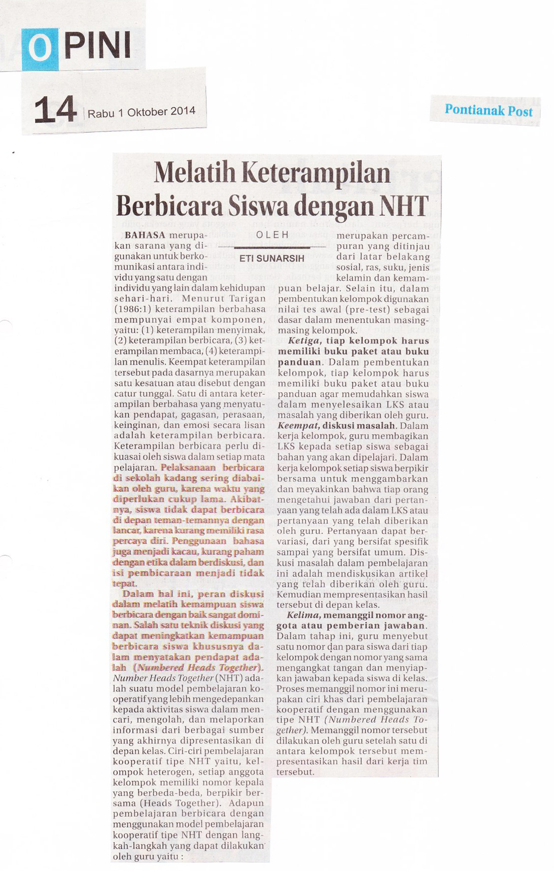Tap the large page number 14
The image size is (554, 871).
coord(55,109)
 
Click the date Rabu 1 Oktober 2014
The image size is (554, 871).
coord(141,112)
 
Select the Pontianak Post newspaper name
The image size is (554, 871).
coord(488,110)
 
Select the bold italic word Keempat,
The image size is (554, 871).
coord(299,425)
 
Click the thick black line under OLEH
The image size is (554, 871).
coord(272,246)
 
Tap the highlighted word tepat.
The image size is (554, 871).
coord(124,583)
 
